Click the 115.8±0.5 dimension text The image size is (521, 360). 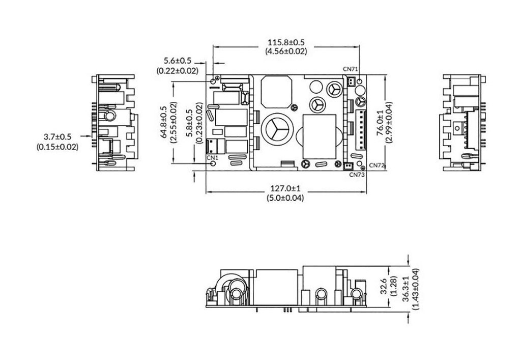tap(286, 42)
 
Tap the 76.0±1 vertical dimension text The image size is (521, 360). tap(380, 123)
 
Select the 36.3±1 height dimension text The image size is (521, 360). tap(406, 289)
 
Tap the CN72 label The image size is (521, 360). tap(377, 165)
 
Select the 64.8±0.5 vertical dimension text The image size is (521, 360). tap(163, 122)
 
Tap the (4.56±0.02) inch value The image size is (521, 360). tap(286, 51)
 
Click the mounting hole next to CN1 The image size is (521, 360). tap(213, 164)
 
